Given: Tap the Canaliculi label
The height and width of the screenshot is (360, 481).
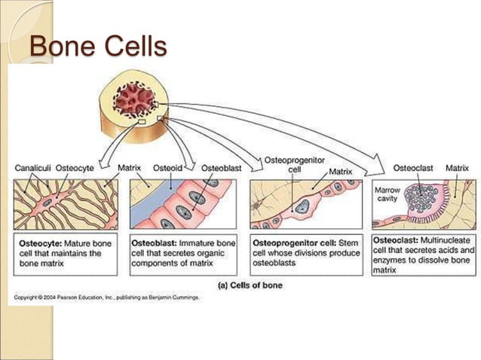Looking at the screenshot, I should point(32,168).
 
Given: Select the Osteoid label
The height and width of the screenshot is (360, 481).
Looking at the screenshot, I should point(166,168).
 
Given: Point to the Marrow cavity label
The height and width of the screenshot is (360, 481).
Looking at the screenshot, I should point(388,195).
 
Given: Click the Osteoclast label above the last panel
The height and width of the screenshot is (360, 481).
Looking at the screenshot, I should point(412,168).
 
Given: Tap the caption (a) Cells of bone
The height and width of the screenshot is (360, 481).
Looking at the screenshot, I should point(250,285).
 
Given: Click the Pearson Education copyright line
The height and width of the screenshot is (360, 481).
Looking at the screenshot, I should point(106,298).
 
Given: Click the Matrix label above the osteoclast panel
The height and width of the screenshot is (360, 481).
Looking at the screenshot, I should point(457,168).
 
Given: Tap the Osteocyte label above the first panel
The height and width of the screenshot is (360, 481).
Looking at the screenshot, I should point(76,168).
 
